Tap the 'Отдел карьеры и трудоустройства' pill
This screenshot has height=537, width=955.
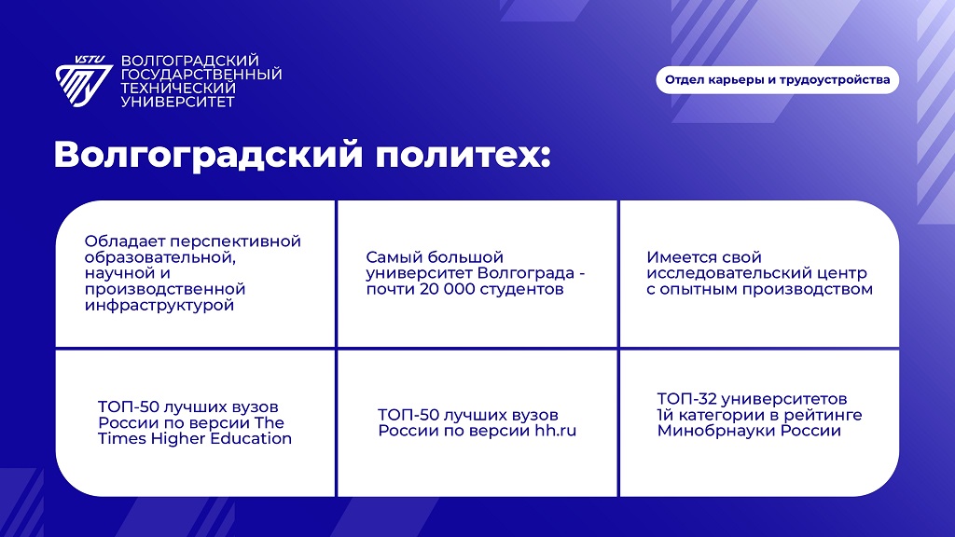(777, 80)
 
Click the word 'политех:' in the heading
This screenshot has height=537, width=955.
(463, 155)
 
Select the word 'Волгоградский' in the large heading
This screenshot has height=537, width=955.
(208, 155)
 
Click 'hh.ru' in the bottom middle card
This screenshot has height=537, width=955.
(556, 431)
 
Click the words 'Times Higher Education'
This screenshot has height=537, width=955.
(195, 438)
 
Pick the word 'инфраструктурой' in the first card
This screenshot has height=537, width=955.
(159, 305)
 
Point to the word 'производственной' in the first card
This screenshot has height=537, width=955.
(165, 289)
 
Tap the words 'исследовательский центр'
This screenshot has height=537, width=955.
(756, 273)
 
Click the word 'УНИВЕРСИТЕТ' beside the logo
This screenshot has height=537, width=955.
(178, 102)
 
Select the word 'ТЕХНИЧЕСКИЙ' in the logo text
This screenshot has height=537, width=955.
(178, 89)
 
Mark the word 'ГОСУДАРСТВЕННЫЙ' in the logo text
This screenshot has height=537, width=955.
(201, 75)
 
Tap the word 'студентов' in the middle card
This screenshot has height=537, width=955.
(521, 289)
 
